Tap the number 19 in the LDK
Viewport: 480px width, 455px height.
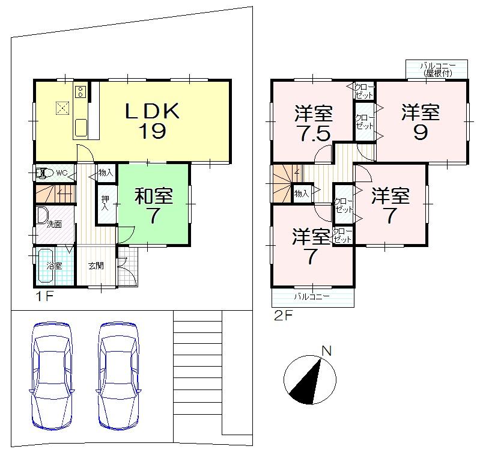click(x=153, y=131)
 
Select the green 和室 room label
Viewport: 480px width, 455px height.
click(x=154, y=195)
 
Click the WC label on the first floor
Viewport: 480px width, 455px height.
click(x=61, y=174)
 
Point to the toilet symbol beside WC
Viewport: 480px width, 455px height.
click(x=43, y=174)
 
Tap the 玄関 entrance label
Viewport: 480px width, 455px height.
click(x=96, y=265)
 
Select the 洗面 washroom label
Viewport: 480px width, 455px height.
click(x=55, y=224)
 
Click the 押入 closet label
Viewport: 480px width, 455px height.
click(x=105, y=203)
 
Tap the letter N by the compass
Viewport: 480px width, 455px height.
click(x=326, y=352)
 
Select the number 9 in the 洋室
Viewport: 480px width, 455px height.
click(x=420, y=132)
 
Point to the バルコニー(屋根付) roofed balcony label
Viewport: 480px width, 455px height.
click(x=437, y=68)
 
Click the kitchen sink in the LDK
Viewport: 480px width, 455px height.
click(x=81, y=127)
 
